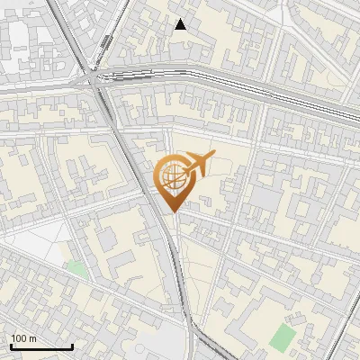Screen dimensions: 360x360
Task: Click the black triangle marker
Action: (181, 24)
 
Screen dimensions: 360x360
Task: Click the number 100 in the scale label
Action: (18, 338)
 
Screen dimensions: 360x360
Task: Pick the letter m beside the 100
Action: (31, 338)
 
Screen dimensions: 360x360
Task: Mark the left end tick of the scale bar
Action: (11, 346)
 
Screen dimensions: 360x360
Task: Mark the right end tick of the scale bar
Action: (72, 346)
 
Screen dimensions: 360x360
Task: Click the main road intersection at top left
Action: (96, 79)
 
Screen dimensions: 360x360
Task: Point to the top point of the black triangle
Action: (181, 19)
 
